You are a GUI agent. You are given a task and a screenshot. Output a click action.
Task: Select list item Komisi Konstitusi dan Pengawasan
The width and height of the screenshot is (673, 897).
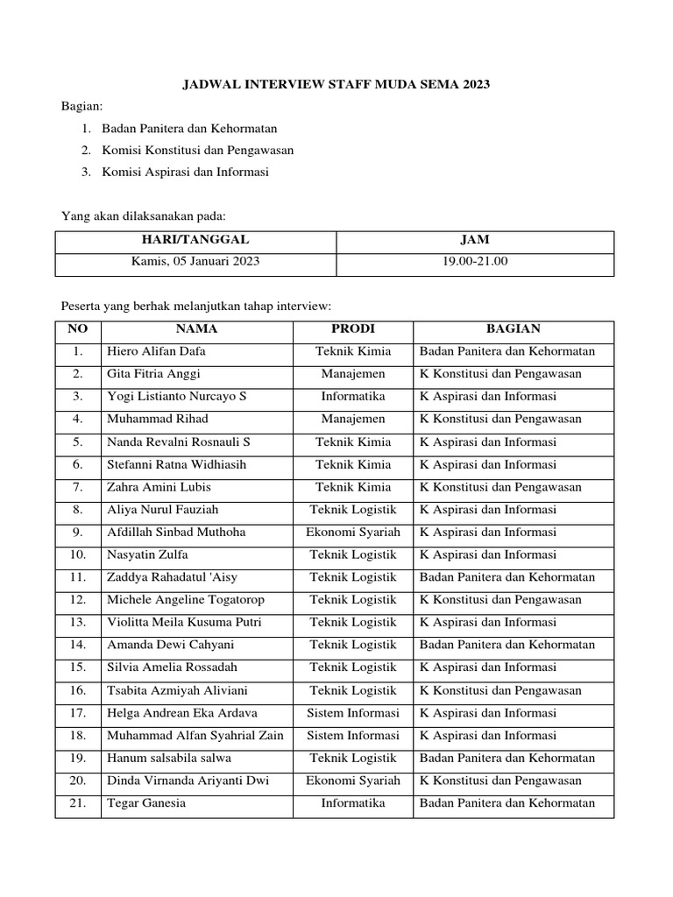tap(197, 150)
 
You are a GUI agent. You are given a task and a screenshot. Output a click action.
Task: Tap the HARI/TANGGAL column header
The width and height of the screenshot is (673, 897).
tap(195, 239)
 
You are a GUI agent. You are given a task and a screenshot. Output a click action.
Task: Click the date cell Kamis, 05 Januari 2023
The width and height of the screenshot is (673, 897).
tap(195, 261)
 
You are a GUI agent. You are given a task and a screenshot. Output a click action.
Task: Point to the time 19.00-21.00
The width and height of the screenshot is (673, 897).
tap(476, 261)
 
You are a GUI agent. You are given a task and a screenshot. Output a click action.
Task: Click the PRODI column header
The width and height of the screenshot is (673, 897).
tap(352, 328)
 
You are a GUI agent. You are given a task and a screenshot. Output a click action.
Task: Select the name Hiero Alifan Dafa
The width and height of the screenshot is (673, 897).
tap(157, 351)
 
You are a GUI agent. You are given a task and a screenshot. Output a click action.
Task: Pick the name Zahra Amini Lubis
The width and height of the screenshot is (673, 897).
tap(159, 487)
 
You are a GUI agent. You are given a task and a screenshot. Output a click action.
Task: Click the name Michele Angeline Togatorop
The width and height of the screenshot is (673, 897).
tap(185, 600)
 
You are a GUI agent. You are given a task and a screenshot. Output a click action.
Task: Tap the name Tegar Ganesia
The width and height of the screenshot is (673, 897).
tap(146, 803)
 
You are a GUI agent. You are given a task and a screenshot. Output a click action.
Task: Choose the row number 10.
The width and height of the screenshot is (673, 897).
tap(78, 554)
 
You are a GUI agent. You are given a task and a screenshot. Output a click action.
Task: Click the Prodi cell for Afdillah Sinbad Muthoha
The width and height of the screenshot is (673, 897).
tap(352, 532)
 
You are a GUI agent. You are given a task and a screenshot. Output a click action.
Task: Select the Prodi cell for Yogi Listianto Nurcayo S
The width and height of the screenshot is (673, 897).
tap(352, 397)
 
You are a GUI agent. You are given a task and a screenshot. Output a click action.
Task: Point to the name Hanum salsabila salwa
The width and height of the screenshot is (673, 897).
tap(169, 758)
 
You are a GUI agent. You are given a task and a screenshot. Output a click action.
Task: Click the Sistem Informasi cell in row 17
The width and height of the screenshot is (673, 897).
tap(352, 713)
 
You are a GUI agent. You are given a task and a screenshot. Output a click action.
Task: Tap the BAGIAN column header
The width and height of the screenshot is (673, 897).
tap(514, 328)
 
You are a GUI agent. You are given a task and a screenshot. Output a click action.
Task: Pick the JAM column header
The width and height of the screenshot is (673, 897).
tap(476, 239)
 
